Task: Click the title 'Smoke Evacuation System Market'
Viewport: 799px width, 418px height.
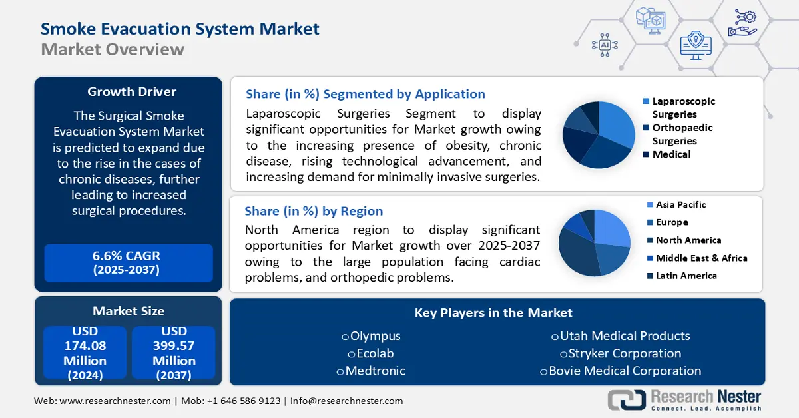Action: pyautogui.click(x=180, y=29)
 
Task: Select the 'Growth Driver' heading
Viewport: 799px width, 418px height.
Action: pyautogui.click(x=132, y=91)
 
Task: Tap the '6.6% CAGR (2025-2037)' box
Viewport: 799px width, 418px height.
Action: pyautogui.click(x=129, y=262)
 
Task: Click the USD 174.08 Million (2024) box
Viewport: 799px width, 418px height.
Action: pyautogui.click(x=85, y=353)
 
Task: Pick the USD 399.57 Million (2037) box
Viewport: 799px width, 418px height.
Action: pyautogui.click(x=174, y=353)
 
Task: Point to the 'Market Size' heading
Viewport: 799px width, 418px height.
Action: pyautogui.click(x=129, y=311)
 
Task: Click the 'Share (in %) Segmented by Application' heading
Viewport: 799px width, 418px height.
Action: pyautogui.click(x=365, y=94)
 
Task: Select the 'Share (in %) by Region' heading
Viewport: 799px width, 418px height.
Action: pyautogui.click(x=314, y=211)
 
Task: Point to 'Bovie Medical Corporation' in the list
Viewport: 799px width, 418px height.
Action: pyautogui.click(x=625, y=371)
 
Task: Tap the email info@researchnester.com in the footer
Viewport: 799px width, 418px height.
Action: pyautogui.click(x=346, y=401)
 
